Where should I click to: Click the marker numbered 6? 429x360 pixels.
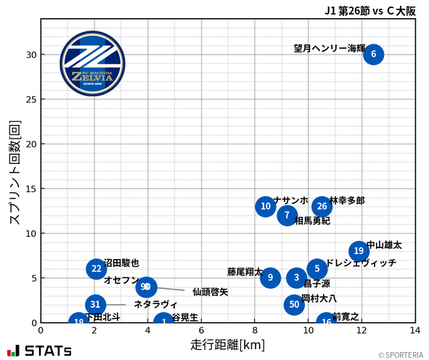click(373, 54)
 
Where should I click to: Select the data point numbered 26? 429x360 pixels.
click(322, 207)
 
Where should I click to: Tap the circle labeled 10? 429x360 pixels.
click(266, 207)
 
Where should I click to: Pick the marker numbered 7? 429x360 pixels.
click(287, 216)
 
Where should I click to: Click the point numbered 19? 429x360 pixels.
click(359, 251)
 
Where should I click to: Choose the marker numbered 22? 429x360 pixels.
click(97, 269)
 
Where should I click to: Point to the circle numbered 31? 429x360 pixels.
click(95, 305)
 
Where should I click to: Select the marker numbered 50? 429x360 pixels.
click(294, 305)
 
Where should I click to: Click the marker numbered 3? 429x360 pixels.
click(296, 278)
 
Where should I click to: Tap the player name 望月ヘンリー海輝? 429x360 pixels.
click(330, 49)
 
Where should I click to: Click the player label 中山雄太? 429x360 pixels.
click(384, 245)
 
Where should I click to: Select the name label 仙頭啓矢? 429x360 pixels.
click(211, 292)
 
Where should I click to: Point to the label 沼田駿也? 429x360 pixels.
click(121, 263)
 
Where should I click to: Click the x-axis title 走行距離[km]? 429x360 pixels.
click(228, 344)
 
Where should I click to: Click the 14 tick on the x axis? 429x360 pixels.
click(415, 331)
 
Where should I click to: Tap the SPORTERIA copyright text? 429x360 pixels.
click(400, 355)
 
